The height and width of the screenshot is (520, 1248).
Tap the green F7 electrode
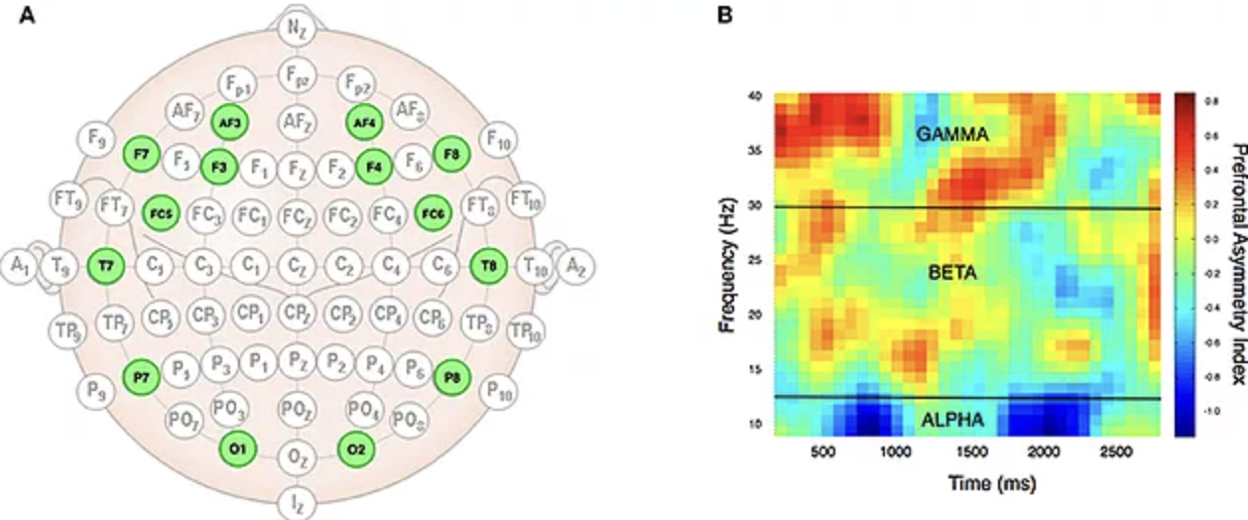coord(141,155)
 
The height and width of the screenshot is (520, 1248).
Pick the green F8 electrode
coord(450,155)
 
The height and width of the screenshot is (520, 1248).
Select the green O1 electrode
coord(238,449)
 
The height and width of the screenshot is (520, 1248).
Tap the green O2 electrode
coord(355,449)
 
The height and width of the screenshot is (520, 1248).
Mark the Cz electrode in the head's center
coord(296,266)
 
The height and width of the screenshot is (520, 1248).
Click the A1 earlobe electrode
coord(18,266)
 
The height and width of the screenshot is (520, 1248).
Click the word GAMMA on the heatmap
coord(952,132)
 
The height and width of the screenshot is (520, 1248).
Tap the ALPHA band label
coord(952,421)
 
